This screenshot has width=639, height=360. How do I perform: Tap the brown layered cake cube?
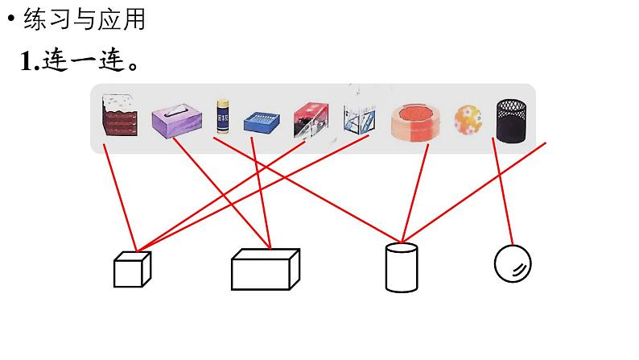click(x=119, y=117)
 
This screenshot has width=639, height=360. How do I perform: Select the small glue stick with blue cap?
click(x=223, y=118)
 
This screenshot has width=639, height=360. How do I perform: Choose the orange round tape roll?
click(x=416, y=121)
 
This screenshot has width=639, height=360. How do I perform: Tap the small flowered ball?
click(x=468, y=120)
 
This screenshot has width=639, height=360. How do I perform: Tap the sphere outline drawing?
click(x=513, y=263)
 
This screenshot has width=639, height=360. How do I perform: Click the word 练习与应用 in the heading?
click(x=85, y=19)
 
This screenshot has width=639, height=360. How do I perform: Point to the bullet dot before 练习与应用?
click(x=11, y=20)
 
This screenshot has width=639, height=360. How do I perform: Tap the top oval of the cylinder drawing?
click(x=402, y=249)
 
